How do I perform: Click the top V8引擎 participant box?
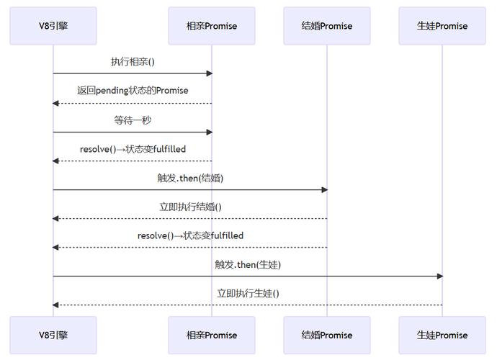53,26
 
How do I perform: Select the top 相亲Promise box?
212,26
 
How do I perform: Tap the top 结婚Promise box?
327,26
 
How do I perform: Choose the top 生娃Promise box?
442,26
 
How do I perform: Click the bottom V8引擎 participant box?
53,335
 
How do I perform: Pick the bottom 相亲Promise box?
212,335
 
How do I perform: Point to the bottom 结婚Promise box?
327,335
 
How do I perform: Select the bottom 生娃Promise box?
442,335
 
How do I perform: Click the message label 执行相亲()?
133,62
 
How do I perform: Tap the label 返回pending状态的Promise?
133,91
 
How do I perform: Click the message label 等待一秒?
133,120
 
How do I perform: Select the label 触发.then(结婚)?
190,178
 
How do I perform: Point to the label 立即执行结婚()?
190,207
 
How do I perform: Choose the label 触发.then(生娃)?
248,264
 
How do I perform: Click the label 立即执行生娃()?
248,293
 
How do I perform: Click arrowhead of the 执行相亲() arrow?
209,73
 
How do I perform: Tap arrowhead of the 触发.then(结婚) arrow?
324,189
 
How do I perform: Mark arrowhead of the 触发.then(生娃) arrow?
439,276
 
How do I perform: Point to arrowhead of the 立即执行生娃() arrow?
56,305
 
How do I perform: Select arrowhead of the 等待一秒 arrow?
209,132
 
